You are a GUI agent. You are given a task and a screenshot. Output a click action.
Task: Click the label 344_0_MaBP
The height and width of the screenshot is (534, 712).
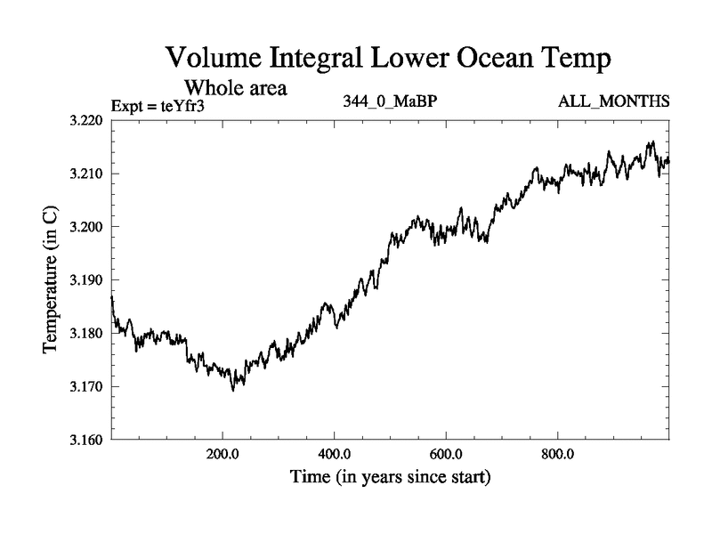390,101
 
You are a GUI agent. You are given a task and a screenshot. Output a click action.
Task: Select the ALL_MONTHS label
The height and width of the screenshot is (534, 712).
613,101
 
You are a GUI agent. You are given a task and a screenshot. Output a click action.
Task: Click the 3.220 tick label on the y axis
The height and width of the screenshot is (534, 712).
87,120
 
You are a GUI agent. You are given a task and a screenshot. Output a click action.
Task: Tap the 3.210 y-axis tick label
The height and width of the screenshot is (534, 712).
87,174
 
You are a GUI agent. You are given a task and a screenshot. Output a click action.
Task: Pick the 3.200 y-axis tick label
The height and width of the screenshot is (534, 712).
87,227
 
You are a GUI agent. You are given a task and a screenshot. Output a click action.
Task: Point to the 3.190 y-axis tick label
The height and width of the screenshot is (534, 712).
87,280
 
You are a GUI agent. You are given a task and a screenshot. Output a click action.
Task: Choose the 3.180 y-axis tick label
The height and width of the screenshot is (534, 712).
87,334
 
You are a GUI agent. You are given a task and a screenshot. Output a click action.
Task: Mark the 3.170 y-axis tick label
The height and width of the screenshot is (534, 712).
87,387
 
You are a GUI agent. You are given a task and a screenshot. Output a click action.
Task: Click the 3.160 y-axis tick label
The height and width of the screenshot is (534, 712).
87,440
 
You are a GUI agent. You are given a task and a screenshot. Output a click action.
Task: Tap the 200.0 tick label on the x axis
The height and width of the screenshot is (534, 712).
222,456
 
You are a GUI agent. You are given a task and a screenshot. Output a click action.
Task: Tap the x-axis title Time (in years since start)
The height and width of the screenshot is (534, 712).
390,477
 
